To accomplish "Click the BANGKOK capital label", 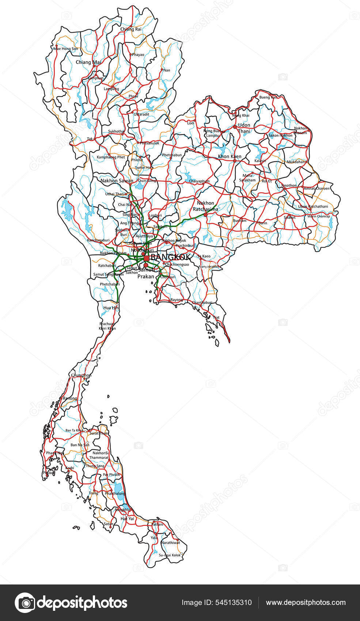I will (x=170, y=257).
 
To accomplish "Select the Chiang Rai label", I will (x=130, y=29).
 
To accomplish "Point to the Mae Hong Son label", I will (x=66, y=49).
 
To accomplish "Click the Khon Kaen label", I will (x=230, y=156).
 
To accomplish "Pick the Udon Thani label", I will (x=244, y=128).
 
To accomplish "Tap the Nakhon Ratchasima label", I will (x=205, y=206).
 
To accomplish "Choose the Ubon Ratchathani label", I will (x=313, y=206).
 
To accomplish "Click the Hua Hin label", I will (x=111, y=308).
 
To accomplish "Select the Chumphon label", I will (x=81, y=375).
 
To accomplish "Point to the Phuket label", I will (x=49, y=473).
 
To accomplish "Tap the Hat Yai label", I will (x=127, y=518).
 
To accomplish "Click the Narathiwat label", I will (x=171, y=542).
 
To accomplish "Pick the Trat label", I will (x=216, y=317).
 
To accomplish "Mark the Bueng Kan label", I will (x=268, y=97).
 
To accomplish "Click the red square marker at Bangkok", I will (x=147, y=258).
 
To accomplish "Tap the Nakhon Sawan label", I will (x=117, y=180).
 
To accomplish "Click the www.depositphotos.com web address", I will (x=306, y=603).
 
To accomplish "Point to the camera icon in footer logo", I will (x=25, y=603).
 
